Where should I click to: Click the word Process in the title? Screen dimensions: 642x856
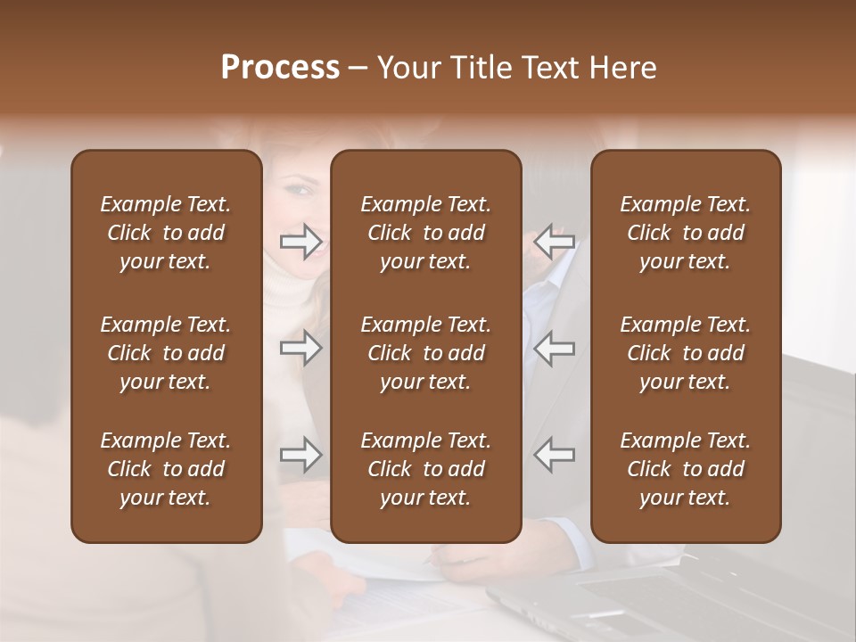[x=280, y=68]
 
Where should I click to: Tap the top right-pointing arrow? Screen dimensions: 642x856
[x=300, y=242]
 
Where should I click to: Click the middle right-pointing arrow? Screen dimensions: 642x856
[x=300, y=348]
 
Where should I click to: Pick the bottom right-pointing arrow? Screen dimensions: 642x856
[x=300, y=455]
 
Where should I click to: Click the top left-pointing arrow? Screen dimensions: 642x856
[x=555, y=242]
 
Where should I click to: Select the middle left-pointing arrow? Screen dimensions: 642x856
[x=555, y=348]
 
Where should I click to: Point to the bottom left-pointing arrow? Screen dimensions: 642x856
[x=555, y=455]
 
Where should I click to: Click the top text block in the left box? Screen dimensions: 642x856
[x=166, y=233]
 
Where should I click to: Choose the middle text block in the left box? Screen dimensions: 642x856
[x=166, y=353]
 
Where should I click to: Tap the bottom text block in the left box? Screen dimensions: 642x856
[x=166, y=469]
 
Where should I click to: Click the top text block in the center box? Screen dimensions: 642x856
[x=425, y=233]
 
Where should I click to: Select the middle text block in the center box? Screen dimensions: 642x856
[x=425, y=353]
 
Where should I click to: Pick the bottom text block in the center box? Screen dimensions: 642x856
[x=425, y=469]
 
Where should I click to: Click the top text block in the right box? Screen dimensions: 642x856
[x=686, y=233]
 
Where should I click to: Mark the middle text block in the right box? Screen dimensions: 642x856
[x=686, y=353]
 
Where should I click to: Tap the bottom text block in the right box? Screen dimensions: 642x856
[x=686, y=469]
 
